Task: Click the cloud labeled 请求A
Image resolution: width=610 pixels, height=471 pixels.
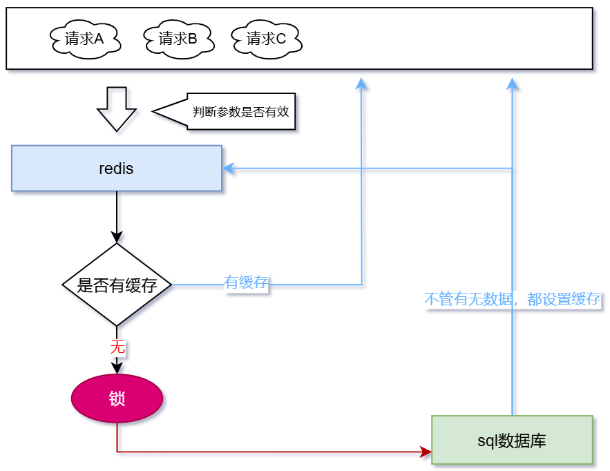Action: (85, 39)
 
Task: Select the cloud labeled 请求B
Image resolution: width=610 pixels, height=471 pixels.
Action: (179, 39)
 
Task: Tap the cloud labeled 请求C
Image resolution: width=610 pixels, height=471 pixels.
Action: (267, 39)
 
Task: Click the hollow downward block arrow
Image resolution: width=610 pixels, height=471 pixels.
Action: (117, 108)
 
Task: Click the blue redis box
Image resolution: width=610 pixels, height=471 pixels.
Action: (117, 168)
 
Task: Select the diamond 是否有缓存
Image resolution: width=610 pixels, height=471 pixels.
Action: (117, 285)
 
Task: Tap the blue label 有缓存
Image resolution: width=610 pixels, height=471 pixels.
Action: (246, 282)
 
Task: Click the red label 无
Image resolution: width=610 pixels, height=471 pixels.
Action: (117, 347)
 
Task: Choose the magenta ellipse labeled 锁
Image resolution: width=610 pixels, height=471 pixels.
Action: (117, 398)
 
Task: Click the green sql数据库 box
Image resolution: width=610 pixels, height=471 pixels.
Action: (512, 440)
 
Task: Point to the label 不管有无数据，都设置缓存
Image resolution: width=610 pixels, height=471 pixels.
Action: (512, 299)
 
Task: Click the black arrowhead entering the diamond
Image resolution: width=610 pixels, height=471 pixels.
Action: (117, 237)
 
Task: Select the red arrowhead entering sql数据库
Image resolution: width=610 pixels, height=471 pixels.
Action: (426, 452)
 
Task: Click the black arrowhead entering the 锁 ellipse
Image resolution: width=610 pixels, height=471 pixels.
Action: (117, 368)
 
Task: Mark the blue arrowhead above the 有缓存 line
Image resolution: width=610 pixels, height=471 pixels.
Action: (361, 84)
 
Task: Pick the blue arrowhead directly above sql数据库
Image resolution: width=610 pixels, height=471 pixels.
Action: (512, 84)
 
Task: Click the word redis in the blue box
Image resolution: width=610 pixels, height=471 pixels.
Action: (116, 168)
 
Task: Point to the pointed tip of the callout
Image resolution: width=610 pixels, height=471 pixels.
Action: (154, 110)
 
